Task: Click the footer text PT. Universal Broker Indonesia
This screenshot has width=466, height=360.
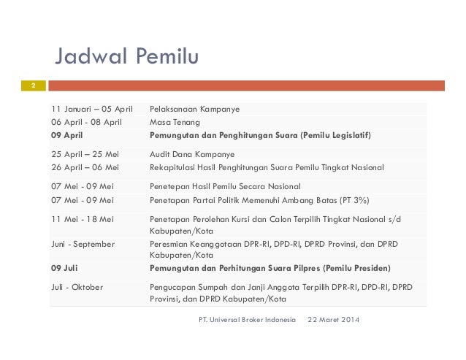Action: point(247,319)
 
